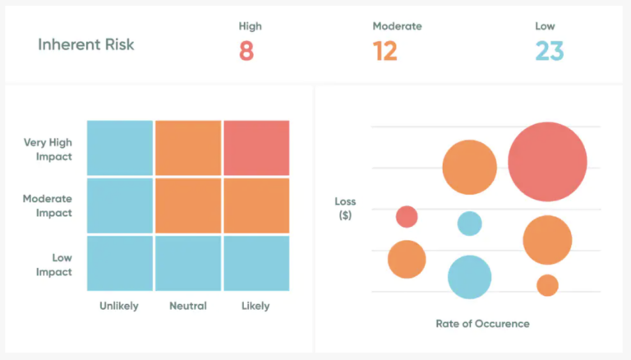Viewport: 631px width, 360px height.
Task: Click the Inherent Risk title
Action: pos(85,44)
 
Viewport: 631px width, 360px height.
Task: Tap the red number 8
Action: pos(246,52)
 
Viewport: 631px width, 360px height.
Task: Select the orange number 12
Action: pos(385,52)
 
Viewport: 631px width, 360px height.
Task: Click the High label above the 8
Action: pos(250,26)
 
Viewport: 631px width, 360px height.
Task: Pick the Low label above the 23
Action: pos(545,26)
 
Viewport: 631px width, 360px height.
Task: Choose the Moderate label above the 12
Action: pos(397,26)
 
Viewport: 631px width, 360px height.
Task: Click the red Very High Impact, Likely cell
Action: pos(256,148)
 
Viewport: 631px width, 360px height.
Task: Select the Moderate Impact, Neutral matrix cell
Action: pos(188,205)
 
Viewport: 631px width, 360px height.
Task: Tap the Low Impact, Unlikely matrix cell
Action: pos(120,263)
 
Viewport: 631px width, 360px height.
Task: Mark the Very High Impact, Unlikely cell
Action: pos(120,148)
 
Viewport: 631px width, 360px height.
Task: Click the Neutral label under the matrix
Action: pos(187,306)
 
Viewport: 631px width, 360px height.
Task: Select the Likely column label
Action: pos(256,306)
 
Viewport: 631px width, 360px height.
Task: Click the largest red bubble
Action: pos(547,162)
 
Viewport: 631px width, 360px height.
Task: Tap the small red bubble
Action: pos(407,216)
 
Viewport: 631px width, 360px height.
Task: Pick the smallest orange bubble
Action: pos(547,285)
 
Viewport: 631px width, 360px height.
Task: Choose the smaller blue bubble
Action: pos(469,224)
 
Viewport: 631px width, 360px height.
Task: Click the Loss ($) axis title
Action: pos(345,209)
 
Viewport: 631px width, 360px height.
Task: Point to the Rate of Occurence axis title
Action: pos(482,323)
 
